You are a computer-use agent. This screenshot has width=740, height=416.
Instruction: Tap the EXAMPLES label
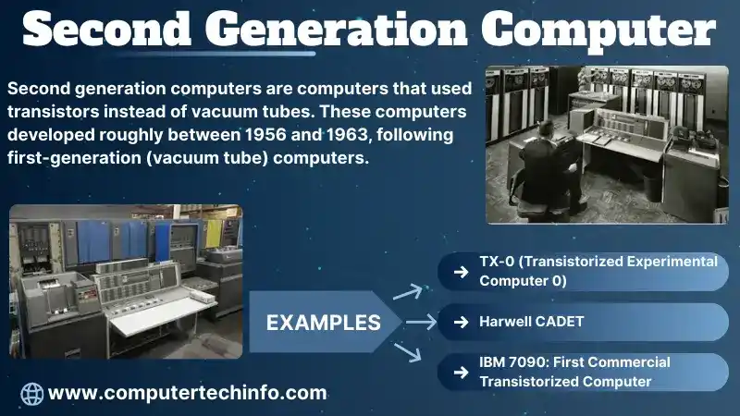coord(323,323)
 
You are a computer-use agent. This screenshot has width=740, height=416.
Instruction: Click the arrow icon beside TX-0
coord(460,272)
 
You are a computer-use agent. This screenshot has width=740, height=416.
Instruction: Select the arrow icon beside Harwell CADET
coord(460,323)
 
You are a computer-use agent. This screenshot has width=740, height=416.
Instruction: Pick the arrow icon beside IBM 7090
coord(460,372)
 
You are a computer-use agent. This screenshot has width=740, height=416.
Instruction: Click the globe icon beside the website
coord(31,393)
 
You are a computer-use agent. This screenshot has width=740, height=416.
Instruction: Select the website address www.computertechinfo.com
coord(187,393)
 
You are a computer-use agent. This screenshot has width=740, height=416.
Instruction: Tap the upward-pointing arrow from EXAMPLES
coord(409,293)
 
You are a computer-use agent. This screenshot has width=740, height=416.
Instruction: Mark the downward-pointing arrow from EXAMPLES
coord(409,352)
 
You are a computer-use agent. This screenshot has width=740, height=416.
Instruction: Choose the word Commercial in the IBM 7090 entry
coord(624,362)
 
